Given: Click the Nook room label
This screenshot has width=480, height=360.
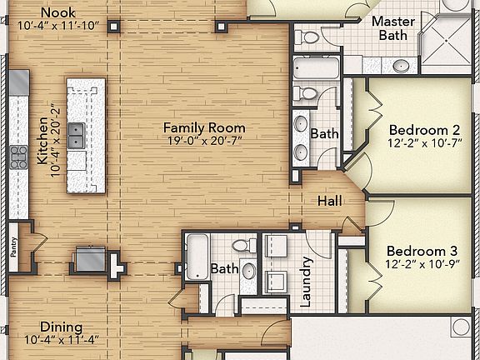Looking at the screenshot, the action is pyautogui.click(x=58, y=12).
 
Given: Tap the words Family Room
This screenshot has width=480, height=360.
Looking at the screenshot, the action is pyautogui.click(x=204, y=128).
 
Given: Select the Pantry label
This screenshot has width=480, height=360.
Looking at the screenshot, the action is pyautogui.click(x=13, y=247).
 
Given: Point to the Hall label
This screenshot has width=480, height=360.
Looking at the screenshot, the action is pyautogui.click(x=330, y=201).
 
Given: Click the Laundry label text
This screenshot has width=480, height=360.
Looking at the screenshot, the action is pyautogui.click(x=306, y=282).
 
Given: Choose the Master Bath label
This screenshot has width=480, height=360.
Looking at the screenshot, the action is pyautogui.click(x=393, y=28).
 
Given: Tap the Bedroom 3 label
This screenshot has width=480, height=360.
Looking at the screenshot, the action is pyautogui.click(x=422, y=252).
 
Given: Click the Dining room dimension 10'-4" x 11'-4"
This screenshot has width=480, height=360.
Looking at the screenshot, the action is pyautogui.click(x=62, y=340).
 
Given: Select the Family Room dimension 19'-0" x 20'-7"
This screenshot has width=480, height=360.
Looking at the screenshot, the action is pyautogui.click(x=205, y=141).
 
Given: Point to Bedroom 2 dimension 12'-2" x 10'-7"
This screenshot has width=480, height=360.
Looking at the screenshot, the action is pyautogui.click(x=425, y=143).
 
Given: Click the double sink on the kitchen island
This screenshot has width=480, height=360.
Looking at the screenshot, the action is pyautogui.click(x=76, y=136).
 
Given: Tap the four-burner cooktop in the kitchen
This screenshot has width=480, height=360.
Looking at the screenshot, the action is pyautogui.click(x=18, y=157).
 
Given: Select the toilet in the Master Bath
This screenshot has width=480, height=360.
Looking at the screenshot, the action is pyautogui.click(x=307, y=37).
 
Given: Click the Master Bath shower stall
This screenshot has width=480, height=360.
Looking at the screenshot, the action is pyautogui.click(x=447, y=42).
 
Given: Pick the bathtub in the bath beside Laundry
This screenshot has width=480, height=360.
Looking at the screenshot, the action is pyautogui.click(x=197, y=257).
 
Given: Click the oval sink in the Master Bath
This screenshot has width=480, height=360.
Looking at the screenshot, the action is pyautogui.click(x=402, y=65).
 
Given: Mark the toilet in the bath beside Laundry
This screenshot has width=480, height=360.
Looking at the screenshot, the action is pyautogui.click(x=244, y=245).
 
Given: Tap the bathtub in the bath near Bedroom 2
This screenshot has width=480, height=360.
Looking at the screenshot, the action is pyautogui.click(x=316, y=68).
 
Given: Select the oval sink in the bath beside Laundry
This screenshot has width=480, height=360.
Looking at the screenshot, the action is pyautogui.click(x=248, y=271).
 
